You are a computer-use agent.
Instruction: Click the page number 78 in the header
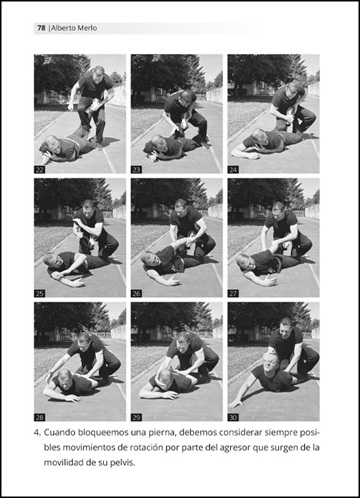(41, 28)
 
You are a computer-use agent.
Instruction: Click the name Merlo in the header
(87, 28)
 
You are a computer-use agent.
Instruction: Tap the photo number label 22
(40, 170)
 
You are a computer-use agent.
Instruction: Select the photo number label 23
(136, 170)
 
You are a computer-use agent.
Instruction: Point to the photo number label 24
(233, 170)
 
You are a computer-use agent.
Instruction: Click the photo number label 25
(40, 294)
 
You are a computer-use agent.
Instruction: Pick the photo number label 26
(136, 294)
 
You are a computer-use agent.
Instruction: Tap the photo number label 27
(233, 294)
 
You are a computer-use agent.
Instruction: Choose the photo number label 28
(40, 417)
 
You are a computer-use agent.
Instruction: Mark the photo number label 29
(136, 417)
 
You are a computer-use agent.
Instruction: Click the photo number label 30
(233, 417)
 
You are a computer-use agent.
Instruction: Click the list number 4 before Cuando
(38, 433)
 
